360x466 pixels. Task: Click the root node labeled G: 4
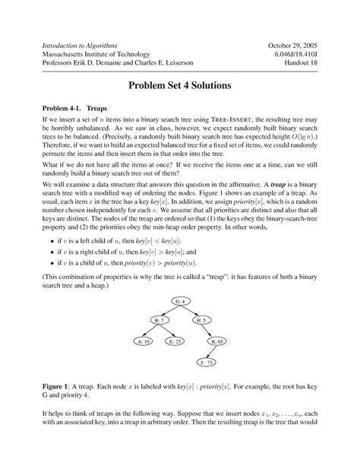[180, 303]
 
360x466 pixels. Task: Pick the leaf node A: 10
[143, 341]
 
